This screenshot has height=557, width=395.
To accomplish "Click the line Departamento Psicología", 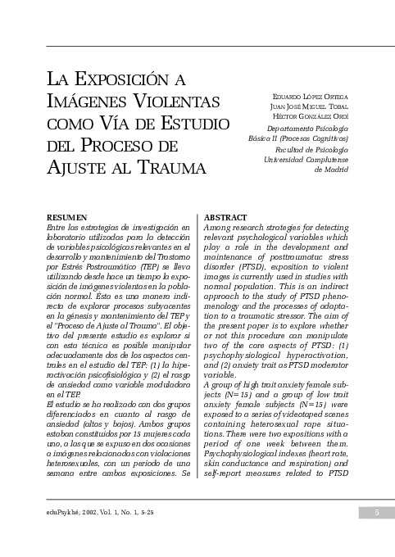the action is pos(307,129).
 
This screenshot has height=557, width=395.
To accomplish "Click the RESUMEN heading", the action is pos(67,217).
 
